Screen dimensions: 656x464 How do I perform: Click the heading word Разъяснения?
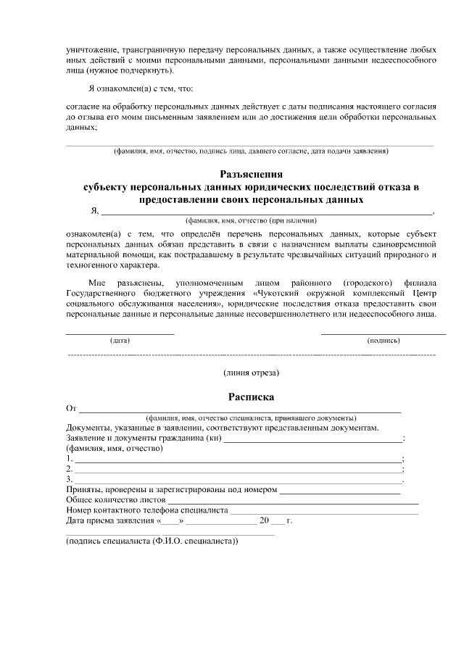251,174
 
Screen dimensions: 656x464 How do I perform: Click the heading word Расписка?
251,396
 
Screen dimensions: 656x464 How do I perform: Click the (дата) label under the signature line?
120,339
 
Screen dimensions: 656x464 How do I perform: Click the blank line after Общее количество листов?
293,501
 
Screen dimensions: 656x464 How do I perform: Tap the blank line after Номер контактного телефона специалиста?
324,511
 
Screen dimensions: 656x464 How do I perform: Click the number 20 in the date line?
264,521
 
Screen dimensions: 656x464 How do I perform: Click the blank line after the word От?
239,410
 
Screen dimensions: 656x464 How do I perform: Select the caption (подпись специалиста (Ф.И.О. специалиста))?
152,541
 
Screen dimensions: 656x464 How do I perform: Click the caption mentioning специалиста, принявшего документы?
251,419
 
